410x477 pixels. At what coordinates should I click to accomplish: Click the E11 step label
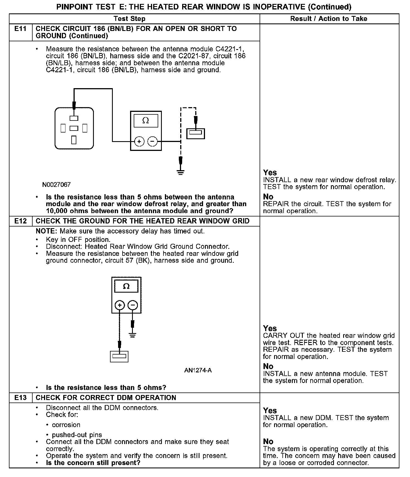(x=21, y=29)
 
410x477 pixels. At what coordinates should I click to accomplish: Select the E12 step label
(x=21, y=221)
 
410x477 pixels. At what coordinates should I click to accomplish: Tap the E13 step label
(x=21, y=397)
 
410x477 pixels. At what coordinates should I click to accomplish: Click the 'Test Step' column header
(x=130, y=19)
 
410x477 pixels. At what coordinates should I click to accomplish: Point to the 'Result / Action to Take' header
(x=329, y=19)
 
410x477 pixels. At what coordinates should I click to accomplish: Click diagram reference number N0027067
(x=57, y=185)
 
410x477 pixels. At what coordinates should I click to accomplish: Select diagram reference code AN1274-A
(x=198, y=370)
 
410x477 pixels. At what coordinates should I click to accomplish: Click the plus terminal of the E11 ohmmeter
(x=139, y=142)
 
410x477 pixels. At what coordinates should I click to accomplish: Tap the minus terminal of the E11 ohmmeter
(x=152, y=142)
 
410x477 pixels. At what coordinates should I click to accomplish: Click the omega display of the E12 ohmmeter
(x=126, y=286)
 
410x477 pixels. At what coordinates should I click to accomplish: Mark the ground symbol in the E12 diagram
(x=133, y=335)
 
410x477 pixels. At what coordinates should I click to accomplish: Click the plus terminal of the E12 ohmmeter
(x=119, y=305)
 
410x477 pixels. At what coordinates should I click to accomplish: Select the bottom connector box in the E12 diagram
(x=119, y=356)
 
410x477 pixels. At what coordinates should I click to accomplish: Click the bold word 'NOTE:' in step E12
(x=47, y=231)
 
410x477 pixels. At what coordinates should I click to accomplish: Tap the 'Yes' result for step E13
(x=270, y=411)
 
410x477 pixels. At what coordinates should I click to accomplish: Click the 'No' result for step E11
(x=268, y=197)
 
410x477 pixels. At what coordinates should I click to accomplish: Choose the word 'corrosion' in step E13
(x=66, y=425)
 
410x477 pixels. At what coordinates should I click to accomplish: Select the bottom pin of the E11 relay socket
(x=74, y=139)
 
